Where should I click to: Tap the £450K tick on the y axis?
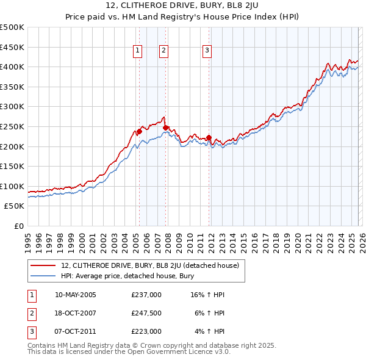pyautogui.click(x=12, y=47)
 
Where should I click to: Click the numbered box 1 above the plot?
pyautogui.click(x=138, y=51)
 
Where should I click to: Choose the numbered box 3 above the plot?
pyautogui.click(x=207, y=51)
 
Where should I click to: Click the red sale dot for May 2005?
pyautogui.click(x=139, y=131)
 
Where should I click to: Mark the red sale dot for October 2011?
pyautogui.click(x=209, y=137)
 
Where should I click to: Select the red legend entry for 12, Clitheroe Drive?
pyautogui.click(x=152, y=265)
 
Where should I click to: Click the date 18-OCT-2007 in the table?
pyautogui.click(x=76, y=313)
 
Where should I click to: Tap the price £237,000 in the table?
pyautogui.click(x=146, y=295)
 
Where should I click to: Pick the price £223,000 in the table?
pyautogui.click(x=146, y=331)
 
